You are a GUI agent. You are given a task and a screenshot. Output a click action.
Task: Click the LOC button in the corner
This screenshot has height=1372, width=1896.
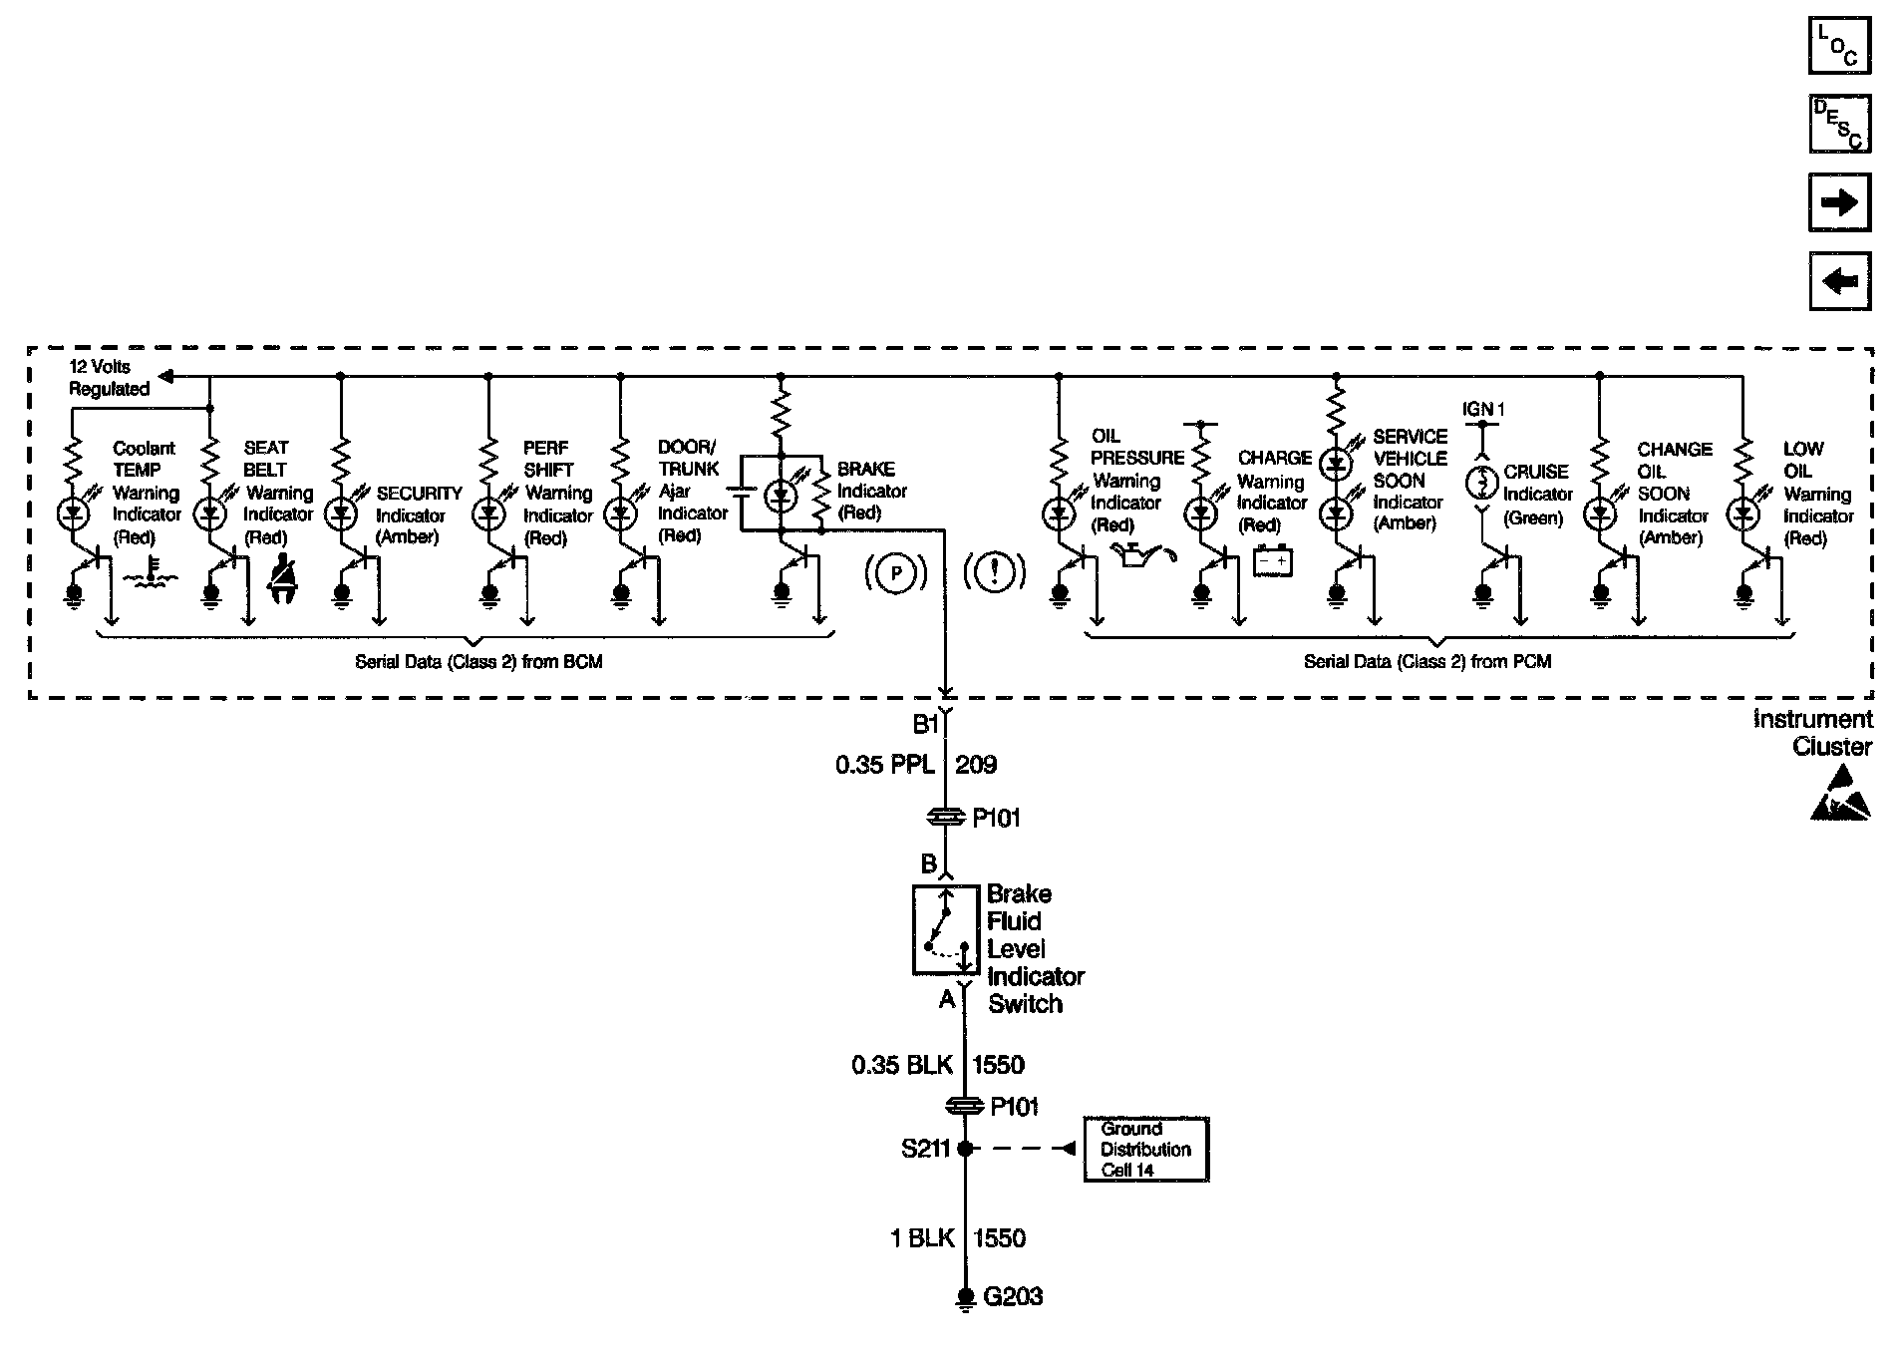[1838, 46]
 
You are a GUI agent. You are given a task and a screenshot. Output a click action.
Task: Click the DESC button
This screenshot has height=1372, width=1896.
[1838, 124]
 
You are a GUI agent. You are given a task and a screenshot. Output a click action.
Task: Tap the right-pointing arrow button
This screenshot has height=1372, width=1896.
[1838, 203]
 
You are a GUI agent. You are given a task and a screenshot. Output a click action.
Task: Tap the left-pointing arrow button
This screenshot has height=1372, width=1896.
[1838, 281]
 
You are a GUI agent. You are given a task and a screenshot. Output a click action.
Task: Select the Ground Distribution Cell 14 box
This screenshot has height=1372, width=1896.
[1145, 1150]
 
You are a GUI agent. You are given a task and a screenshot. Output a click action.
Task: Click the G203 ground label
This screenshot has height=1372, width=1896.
[1013, 1296]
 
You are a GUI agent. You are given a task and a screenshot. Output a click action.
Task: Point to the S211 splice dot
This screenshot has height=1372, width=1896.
[964, 1149]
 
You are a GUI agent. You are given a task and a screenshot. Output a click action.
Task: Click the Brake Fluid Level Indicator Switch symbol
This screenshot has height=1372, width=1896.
[946, 930]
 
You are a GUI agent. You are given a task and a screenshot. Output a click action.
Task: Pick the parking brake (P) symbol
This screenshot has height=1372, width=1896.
[896, 572]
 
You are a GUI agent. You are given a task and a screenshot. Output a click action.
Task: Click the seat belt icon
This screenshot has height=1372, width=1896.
[284, 576]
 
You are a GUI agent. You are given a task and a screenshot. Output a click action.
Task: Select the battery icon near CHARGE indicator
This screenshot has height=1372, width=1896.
[1273, 561]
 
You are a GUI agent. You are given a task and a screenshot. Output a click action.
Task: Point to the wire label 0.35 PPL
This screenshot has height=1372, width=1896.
[884, 765]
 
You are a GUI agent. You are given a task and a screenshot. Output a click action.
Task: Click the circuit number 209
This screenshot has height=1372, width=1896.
[976, 765]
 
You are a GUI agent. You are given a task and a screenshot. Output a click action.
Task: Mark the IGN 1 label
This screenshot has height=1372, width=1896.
[1482, 409]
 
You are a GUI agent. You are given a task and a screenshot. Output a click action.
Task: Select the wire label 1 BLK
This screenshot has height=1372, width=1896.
[922, 1238]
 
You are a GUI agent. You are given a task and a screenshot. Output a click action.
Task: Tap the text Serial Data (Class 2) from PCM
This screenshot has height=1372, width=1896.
[1426, 661]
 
